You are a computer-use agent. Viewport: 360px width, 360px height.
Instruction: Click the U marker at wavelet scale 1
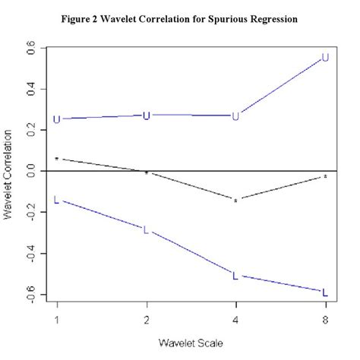(56, 119)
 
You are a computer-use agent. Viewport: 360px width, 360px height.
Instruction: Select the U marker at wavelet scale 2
(147, 115)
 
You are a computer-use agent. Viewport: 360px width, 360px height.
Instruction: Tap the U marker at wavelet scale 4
(235, 116)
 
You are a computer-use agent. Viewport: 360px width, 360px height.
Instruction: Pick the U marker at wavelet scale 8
(325, 58)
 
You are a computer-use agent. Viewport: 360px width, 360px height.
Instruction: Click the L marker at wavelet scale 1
(56, 200)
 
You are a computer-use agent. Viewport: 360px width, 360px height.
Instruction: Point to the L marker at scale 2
(147, 229)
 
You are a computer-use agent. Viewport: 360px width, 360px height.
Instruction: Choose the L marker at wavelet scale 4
(235, 276)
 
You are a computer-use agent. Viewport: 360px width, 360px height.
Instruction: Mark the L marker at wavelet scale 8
(325, 292)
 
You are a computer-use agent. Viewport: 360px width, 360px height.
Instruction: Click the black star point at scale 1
(56, 159)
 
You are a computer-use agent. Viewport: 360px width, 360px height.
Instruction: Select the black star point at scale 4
(235, 201)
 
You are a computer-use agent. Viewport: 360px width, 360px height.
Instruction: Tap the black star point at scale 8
(325, 177)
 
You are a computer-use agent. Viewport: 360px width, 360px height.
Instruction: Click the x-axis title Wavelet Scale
(191, 343)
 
